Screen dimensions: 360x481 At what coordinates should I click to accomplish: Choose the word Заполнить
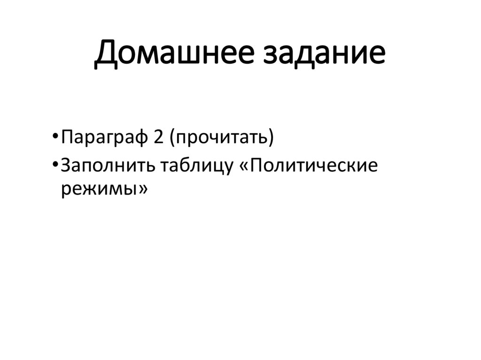pyautogui.click(x=108, y=167)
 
